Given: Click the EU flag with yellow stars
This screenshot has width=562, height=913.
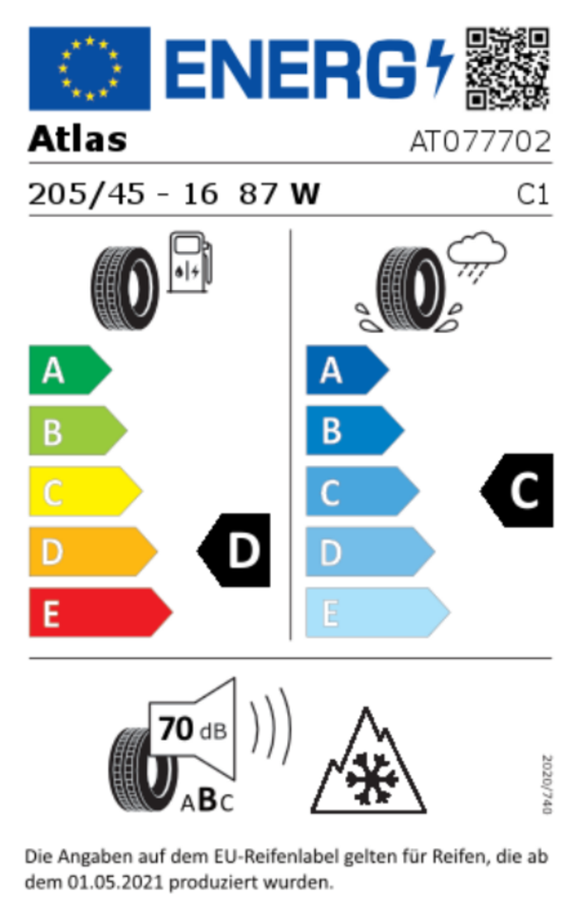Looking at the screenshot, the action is [x=89, y=68].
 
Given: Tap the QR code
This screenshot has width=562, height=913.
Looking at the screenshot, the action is [x=507, y=68].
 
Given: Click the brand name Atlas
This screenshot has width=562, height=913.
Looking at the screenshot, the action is [x=77, y=139].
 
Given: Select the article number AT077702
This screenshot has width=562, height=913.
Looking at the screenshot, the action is [x=480, y=142].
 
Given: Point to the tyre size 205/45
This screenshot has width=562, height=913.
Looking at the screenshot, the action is [x=87, y=194].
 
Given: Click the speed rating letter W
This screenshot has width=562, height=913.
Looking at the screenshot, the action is [x=305, y=194].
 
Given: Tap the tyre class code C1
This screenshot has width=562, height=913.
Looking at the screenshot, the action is [x=533, y=195].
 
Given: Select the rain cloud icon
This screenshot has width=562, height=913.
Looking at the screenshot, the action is [x=475, y=256].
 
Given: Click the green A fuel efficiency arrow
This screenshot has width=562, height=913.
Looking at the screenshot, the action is [x=69, y=370].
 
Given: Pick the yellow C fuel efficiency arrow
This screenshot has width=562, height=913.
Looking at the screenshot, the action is [x=85, y=491].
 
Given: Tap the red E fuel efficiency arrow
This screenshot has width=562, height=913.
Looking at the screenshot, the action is [x=100, y=612].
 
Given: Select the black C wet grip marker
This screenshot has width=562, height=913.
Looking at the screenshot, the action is [x=517, y=491].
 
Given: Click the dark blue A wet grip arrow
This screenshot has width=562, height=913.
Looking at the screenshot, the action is [x=347, y=370].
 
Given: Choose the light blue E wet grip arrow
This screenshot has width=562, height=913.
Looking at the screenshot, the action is [x=378, y=612].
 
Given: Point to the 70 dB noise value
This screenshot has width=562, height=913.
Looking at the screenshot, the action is [x=192, y=729].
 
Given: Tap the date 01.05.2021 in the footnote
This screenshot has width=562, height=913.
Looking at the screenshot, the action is [x=114, y=883].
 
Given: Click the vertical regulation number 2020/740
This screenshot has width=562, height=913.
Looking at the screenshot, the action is [x=546, y=785].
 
